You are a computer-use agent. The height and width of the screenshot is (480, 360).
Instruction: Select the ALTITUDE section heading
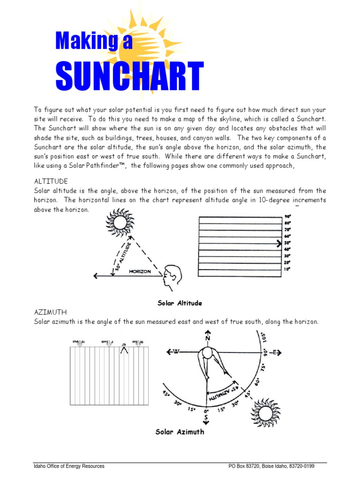click(51, 181)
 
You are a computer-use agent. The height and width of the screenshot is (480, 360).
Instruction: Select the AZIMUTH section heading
click(50, 312)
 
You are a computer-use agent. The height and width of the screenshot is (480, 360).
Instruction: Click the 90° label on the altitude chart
click(287, 217)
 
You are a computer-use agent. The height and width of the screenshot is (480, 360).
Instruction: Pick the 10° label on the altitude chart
click(287, 269)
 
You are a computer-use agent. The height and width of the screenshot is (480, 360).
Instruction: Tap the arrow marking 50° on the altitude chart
click(279, 243)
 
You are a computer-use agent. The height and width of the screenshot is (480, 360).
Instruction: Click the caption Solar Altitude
click(180, 303)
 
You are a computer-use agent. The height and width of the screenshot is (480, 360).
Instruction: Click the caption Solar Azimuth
click(180, 432)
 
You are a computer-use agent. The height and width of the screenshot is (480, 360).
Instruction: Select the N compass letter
click(208, 338)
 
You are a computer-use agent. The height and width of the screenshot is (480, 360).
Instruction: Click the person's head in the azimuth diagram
click(207, 352)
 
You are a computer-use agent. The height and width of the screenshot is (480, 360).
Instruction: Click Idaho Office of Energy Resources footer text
click(69, 466)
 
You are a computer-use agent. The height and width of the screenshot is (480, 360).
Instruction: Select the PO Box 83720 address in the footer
click(271, 466)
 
